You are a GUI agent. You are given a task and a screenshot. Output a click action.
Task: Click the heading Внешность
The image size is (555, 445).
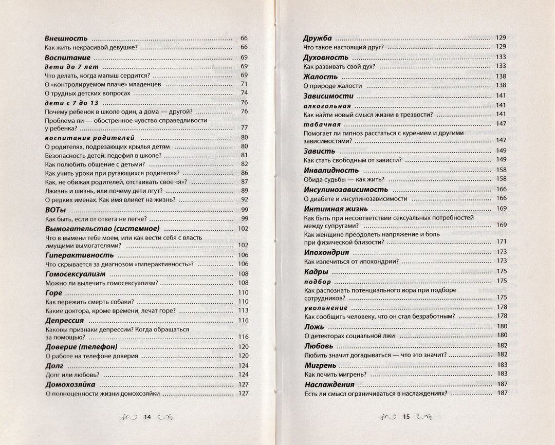66,39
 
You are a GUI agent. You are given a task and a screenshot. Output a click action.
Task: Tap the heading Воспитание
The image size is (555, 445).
68,58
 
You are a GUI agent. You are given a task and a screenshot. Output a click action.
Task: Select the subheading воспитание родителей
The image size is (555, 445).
89,137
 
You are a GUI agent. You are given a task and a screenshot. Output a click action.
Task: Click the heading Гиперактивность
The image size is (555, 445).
80,255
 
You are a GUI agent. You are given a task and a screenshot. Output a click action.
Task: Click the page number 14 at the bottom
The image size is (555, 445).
146,417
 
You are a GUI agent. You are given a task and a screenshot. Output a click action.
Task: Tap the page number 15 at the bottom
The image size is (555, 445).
405,417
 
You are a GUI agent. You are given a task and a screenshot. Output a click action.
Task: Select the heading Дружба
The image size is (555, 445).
318,38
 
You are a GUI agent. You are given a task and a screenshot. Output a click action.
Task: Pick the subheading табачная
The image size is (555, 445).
322,124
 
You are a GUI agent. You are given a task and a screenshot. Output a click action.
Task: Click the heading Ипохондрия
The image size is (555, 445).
326,252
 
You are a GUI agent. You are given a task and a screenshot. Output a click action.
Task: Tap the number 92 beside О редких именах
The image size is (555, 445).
245,199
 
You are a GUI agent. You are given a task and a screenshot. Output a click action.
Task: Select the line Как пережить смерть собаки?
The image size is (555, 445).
89,302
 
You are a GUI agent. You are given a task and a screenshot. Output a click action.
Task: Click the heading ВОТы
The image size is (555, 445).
57,210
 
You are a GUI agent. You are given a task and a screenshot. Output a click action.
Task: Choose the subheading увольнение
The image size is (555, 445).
326,307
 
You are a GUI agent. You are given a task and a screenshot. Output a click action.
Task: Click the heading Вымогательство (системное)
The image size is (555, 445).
102,229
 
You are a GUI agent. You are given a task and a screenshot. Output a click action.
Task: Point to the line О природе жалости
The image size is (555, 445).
332,85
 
